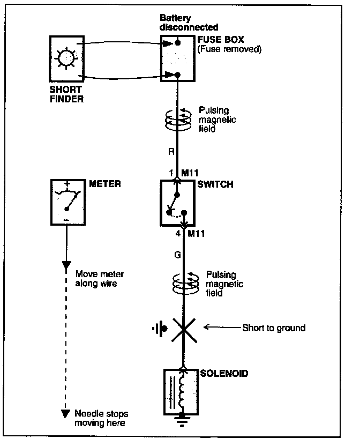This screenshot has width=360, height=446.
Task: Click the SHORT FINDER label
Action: click(66, 94)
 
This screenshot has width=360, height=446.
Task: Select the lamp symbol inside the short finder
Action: click(66, 57)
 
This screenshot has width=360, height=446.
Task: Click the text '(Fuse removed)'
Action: click(229, 49)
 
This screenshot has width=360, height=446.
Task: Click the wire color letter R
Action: click(171, 152)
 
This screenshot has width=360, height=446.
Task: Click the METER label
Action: click(105, 184)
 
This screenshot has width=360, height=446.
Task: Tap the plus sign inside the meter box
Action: click(68, 185)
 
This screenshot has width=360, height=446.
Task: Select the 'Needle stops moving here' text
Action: click(101, 418)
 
